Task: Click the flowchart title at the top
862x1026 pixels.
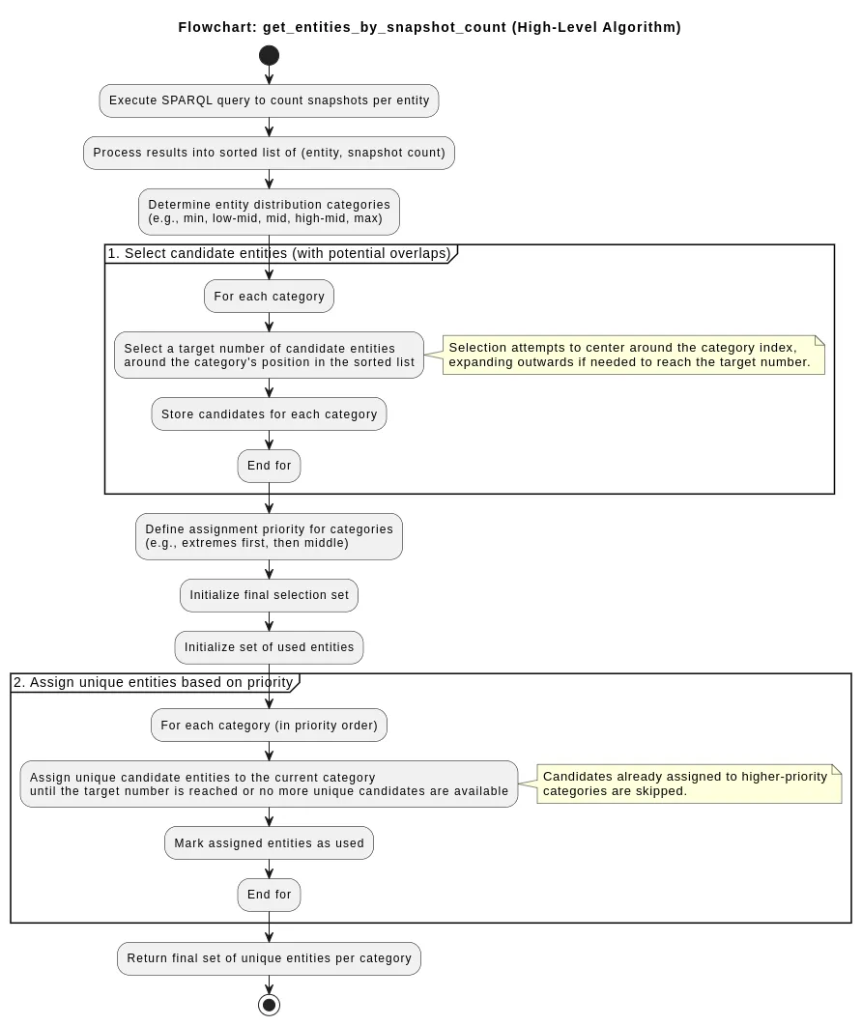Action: pos(429,27)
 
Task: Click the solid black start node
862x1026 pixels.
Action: pos(269,55)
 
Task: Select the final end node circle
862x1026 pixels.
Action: pos(269,1005)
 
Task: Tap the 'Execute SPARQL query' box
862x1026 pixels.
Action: pos(269,100)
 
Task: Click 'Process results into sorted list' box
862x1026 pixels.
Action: pos(269,153)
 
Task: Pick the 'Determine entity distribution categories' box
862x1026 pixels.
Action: pos(269,212)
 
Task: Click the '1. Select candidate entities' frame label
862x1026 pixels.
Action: pos(279,254)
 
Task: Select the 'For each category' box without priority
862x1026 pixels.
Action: pos(269,297)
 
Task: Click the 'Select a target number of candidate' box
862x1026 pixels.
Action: pos(269,356)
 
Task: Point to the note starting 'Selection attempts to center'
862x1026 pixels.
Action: pos(632,355)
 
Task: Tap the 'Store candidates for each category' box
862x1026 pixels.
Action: pos(269,414)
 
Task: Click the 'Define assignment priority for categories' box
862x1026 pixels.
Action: pos(269,536)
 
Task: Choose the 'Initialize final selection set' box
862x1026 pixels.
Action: pos(269,595)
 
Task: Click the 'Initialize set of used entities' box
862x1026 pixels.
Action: pos(269,647)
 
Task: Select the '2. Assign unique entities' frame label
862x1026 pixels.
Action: pos(154,683)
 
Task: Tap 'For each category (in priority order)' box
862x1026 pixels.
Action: pos(269,726)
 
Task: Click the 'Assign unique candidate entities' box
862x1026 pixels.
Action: pos(269,784)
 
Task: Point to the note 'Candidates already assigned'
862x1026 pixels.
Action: pos(688,784)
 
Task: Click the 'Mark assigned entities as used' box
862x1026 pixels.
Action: pos(269,843)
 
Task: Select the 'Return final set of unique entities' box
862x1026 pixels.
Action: pos(269,958)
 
